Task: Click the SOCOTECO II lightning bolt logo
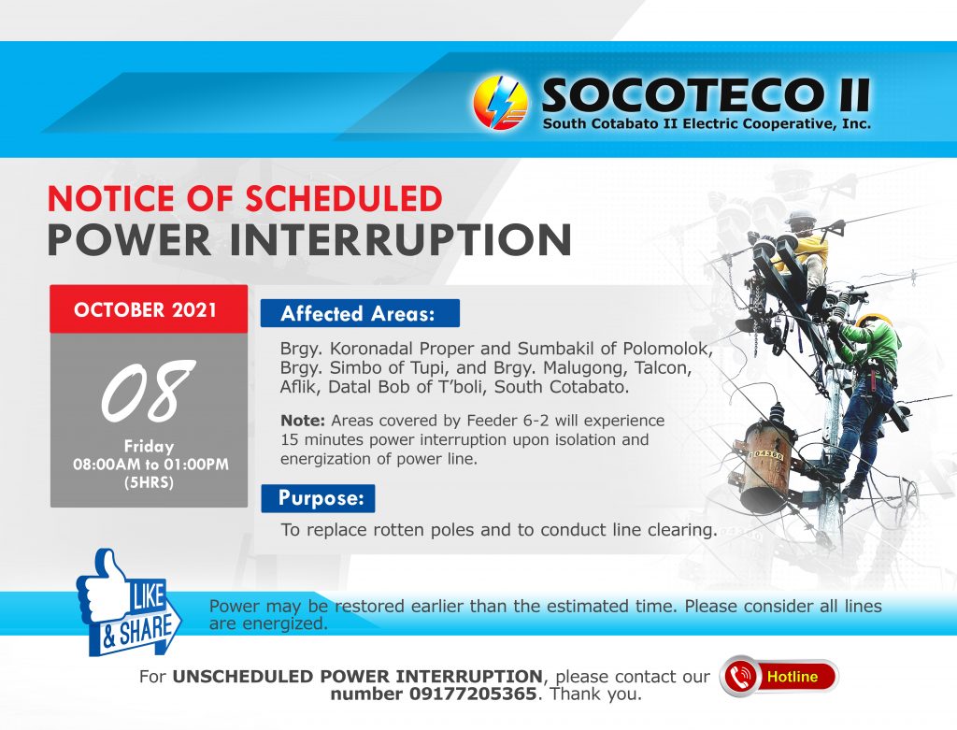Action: click(501, 103)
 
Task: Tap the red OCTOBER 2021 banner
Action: click(149, 308)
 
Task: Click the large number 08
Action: click(148, 391)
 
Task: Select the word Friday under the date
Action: click(150, 446)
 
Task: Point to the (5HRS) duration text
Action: click(150, 483)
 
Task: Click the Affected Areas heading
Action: click(360, 313)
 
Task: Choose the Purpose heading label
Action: click(318, 498)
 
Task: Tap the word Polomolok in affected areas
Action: click(667, 349)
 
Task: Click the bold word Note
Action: click(303, 421)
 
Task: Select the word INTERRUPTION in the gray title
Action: click(400, 240)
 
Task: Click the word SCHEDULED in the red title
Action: click(344, 199)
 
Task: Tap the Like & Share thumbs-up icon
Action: click(129, 602)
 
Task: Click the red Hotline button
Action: click(778, 677)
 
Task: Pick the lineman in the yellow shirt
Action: click(800, 256)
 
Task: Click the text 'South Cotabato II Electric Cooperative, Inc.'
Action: click(707, 123)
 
